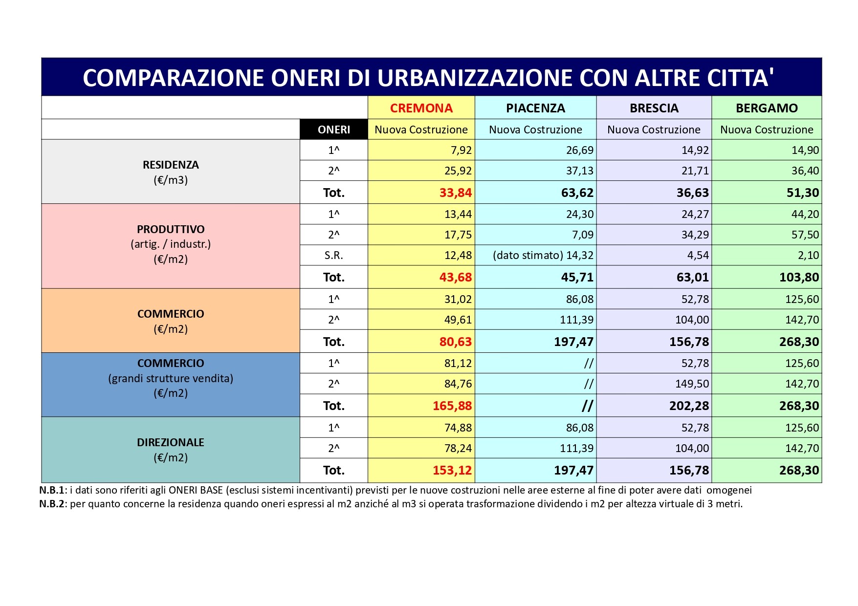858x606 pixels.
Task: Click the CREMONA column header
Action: pos(421,108)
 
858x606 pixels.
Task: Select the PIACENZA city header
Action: pos(535,108)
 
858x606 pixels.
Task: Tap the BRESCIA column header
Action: pos(654,108)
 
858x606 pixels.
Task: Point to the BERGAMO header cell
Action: pos(767,108)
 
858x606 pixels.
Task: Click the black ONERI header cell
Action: pos(334,130)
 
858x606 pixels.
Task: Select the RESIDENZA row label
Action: pos(171,165)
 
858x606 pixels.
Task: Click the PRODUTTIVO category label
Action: pos(171,229)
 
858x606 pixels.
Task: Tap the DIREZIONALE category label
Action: pos(171,442)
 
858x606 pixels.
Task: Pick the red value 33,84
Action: pos(455,193)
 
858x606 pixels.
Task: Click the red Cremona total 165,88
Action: pos(452,406)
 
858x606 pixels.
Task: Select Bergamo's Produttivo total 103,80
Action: pos(799,277)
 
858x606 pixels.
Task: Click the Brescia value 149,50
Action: pos(692,384)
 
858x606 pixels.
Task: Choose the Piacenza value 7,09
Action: pos(583,235)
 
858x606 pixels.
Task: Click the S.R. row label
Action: pos(334,255)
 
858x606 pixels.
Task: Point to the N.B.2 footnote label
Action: pos(52,504)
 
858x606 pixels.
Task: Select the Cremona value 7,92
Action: pos(461,150)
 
